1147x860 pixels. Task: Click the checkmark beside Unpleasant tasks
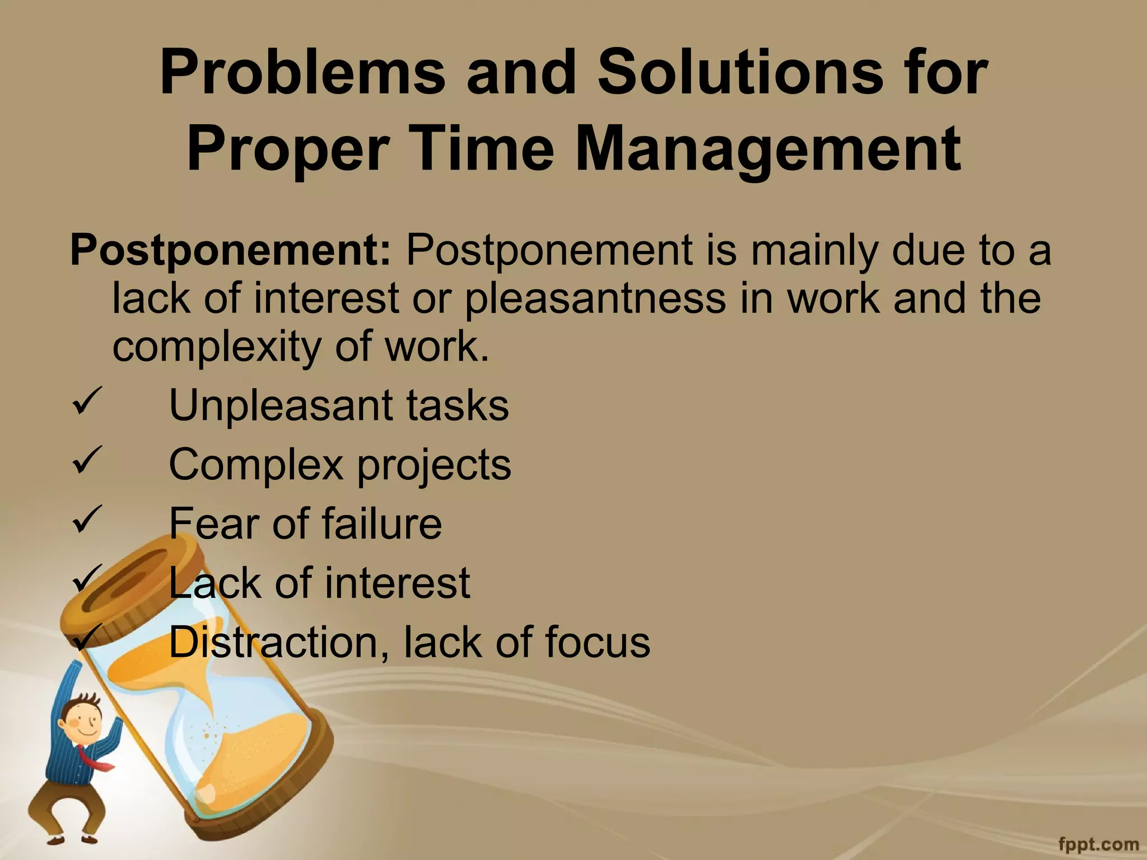click(x=87, y=401)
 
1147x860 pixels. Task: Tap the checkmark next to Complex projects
click(x=87, y=460)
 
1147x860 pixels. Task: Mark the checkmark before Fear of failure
click(x=87, y=519)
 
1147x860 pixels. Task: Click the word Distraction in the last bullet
click(x=279, y=642)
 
